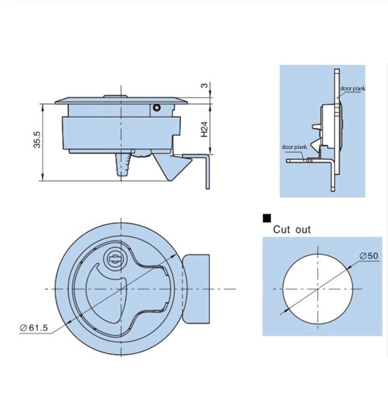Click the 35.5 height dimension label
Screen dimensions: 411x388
(x=38, y=139)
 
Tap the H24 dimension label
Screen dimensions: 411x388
(x=204, y=129)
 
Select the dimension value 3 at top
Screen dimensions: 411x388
(x=205, y=85)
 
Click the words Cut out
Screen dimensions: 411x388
(x=292, y=230)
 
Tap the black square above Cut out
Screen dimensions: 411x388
(x=267, y=218)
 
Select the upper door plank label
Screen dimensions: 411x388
(x=352, y=89)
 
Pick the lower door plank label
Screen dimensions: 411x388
(x=294, y=147)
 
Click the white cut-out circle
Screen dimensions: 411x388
(x=318, y=289)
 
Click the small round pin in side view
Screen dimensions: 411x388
(x=157, y=108)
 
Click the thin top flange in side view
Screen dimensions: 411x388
(x=121, y=101)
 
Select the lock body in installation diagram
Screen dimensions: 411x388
(x=328, y=128)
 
